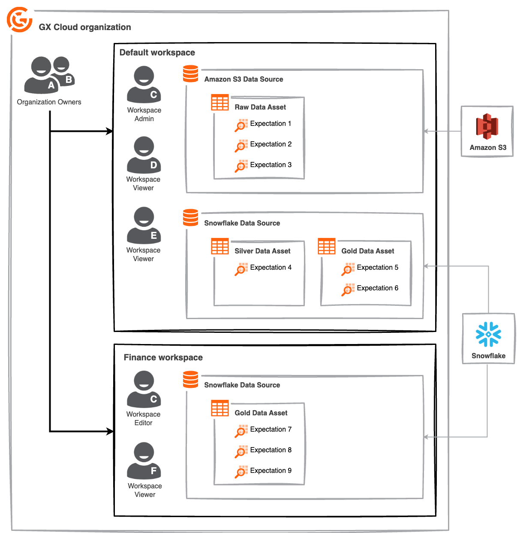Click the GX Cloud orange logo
(19, 19)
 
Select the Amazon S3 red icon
(487, 126)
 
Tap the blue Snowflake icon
(488, 334)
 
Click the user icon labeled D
(144, 155)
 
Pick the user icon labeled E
(144, 225)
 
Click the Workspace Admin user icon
(144, 84)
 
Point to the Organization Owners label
(49, 102)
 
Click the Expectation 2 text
(271, 144)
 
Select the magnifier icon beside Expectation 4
(241, 269)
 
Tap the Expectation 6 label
(377, 288)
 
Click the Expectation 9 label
(271, 471)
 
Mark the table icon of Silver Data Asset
(220, 247)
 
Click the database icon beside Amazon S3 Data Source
(190, 73)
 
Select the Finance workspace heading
(163, 357)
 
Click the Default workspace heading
(157, 52)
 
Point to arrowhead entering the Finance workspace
(110, 431)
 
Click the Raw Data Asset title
(260, 107)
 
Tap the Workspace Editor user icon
(144, 390)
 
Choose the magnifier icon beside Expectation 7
(241, 431)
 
